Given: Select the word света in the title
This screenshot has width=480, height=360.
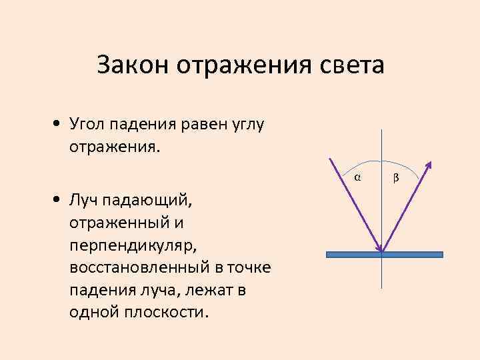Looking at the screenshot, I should click(351, 65).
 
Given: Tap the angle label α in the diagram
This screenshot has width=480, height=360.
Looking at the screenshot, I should click(357, 177).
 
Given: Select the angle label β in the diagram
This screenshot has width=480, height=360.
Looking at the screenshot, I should click(397, 177).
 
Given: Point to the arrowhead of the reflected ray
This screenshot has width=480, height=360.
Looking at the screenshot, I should click(429, 164).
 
